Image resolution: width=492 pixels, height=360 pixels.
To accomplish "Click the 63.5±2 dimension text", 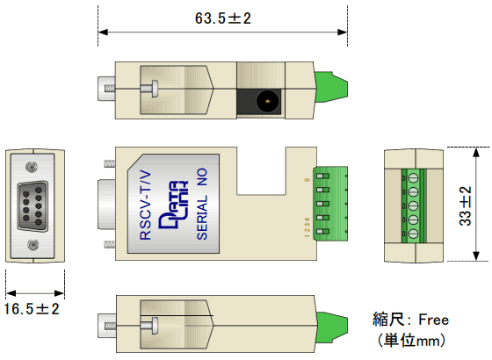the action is click(x=223, y=18).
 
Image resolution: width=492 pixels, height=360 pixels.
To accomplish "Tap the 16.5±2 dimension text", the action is click(x=32, y=309).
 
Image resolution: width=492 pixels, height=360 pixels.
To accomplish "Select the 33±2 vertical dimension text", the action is click(x=466, y=206).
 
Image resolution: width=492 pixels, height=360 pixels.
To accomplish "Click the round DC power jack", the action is click(x=268, y=101).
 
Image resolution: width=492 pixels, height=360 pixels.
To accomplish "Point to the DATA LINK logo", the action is click(x=173, y=205).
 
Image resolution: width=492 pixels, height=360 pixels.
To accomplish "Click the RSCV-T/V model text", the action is click(x=145, y=205).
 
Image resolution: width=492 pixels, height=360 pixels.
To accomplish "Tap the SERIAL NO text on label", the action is click(x=202, y=204).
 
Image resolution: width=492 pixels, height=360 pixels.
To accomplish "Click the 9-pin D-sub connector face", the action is click(x=33, y=206).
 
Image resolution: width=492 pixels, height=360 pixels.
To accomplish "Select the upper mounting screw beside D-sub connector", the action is click(x=32, y=167).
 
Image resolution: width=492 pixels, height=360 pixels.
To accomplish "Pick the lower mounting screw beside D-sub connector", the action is click(x=33, y=245).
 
